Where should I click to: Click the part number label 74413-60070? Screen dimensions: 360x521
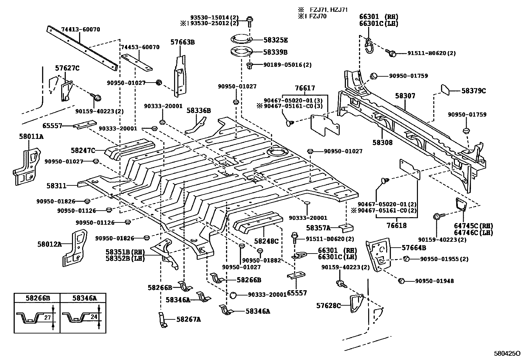pos(81,29)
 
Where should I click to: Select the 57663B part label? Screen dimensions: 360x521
pos(183,42)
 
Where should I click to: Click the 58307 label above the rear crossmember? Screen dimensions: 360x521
pos(405,96)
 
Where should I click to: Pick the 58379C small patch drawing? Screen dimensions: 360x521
pos(445,89)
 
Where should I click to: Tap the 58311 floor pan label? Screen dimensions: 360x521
pos(56,186)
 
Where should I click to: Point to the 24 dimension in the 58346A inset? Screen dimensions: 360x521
pos(94,317)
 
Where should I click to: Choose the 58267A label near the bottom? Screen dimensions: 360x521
pos(189,319)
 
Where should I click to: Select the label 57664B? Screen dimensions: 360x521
pos(414,248)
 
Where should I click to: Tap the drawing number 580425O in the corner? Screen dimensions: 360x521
pos(507,354)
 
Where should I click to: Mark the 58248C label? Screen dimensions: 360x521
pos(266,241)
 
